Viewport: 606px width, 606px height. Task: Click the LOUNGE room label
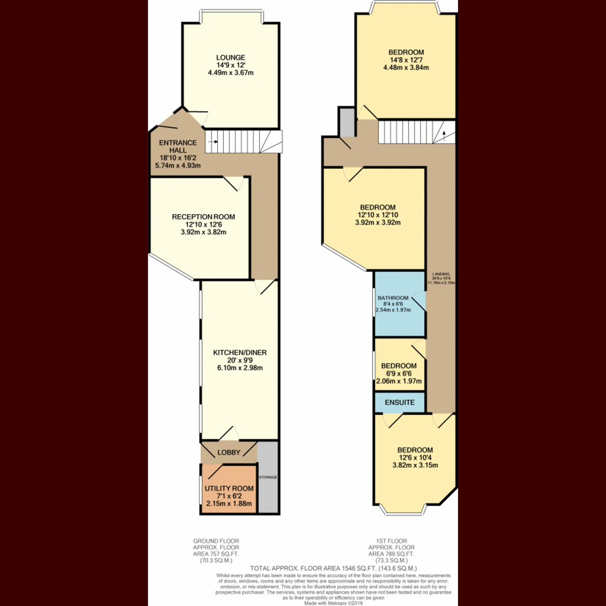tap(230, 58)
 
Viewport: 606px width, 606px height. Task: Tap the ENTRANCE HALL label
tap(178, 146)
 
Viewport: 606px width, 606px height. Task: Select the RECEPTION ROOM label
tap(203, 217)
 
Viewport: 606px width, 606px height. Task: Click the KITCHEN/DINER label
tap(239, 352)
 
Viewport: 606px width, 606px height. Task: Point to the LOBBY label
tap(229, 452)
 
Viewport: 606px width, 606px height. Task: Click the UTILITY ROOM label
tap(229, 488)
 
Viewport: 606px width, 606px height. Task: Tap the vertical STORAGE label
tap(268, 477)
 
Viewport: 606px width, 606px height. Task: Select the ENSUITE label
tap(399, 402)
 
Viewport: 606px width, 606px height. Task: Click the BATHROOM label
tap(393, 298)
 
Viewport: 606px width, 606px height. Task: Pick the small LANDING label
tap(441, 274)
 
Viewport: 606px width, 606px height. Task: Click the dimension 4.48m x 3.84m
tap(406, 67)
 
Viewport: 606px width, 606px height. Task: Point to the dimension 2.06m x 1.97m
tap(398, 381)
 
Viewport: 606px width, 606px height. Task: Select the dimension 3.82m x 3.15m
tap(415, 465)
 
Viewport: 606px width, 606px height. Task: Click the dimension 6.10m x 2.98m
tap(239, 368)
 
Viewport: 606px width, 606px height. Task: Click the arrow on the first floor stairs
tap(443, 134)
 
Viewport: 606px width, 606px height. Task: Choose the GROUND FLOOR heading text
tap(216, 541)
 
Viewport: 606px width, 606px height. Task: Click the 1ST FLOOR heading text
tap(391, 541)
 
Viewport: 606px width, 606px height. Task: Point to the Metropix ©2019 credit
tap(334, 603)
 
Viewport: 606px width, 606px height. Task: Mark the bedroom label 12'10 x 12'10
tap(378, 215)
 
